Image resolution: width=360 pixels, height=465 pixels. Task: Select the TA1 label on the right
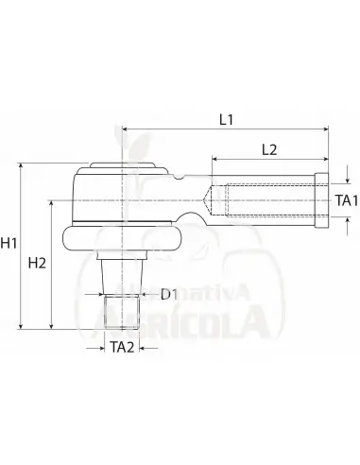347,201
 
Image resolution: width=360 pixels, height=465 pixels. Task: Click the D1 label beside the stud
169,295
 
